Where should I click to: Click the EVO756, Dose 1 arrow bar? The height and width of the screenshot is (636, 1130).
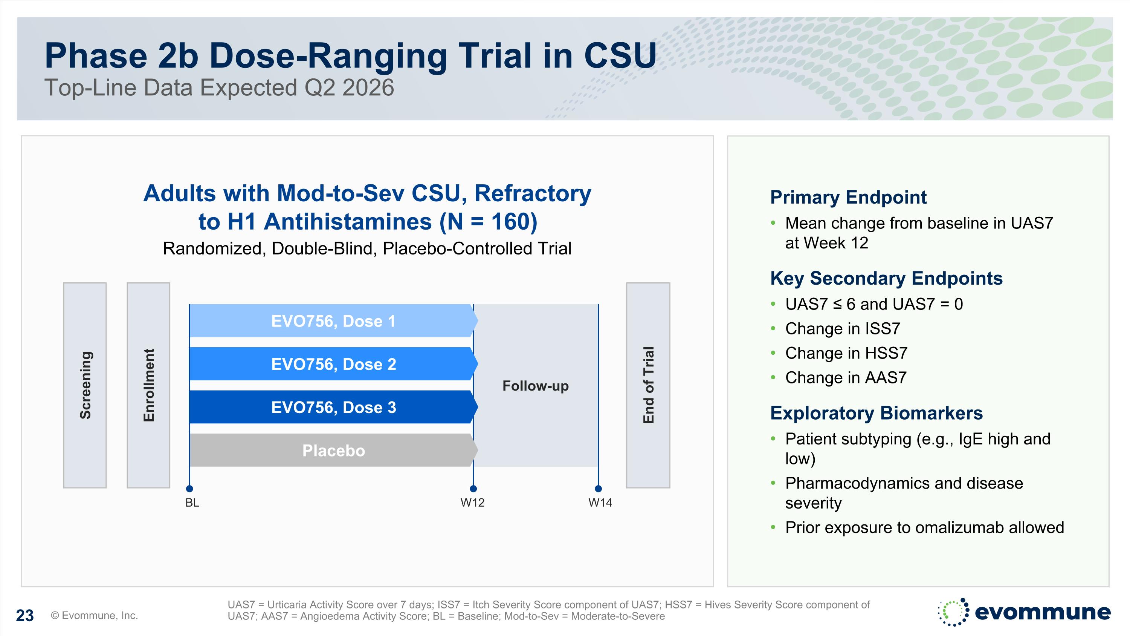(x=333, y=321)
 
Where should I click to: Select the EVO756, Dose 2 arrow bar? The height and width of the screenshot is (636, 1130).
(x=333, y=364)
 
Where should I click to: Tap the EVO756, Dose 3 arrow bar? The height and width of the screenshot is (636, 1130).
(x=333, y=407)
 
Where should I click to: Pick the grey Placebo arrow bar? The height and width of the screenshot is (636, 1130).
(x=333, y=451)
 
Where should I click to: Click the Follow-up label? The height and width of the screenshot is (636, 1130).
(x=535, y=386)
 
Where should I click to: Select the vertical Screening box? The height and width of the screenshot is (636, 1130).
(x=85, y=385)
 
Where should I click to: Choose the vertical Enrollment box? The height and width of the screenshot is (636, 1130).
(x=148, y=385)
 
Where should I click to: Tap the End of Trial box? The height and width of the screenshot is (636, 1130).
(x=648, y=385)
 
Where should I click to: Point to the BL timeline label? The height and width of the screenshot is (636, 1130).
(x=192, y=503)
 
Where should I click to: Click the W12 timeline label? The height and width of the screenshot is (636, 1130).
(x=472, y=503)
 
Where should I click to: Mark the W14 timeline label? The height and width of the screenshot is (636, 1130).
(x=600, y=503)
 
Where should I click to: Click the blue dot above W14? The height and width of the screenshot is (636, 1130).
(x=598, y=489)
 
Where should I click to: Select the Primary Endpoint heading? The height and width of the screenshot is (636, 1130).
(x=848, y=197)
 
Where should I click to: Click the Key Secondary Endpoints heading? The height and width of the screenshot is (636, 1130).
(x=886, y=278)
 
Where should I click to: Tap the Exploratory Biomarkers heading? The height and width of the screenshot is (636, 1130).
(x=876, y=413)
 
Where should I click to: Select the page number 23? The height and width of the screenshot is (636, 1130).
(x=24, y=615)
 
